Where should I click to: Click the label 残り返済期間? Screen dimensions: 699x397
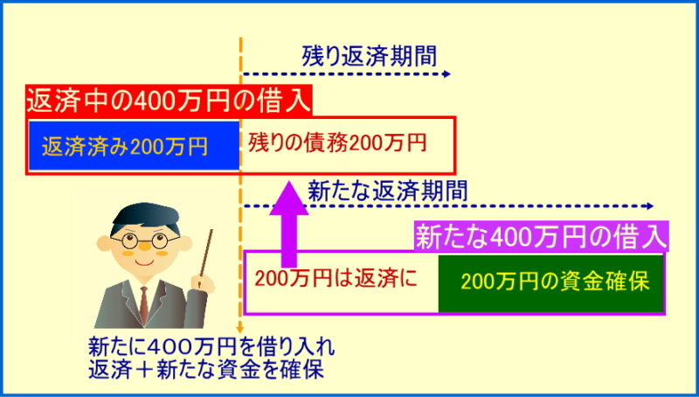coord(369,56)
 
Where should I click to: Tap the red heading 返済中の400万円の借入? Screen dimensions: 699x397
coord(169,101)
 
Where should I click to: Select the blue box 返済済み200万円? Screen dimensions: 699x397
coord(135,145)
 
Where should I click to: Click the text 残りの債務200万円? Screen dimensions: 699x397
coord(337,143)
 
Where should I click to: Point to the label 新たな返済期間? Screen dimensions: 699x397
coord(387,191)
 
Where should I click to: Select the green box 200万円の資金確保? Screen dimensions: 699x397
coord(551,283)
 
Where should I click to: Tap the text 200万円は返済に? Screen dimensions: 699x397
coord(336,279)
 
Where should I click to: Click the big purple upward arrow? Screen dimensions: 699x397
coord(289,224)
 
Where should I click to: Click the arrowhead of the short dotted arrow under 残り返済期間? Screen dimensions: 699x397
coord(447,74)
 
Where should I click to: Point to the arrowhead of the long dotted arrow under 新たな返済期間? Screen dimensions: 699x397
coord(650,206)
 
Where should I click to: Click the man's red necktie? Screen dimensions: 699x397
coord(144,304)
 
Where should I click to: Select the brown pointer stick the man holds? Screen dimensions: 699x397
coord(206,254)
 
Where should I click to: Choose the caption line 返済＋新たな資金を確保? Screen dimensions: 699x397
coord(206,370)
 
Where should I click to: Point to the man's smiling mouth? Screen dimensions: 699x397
coord(144,262)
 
